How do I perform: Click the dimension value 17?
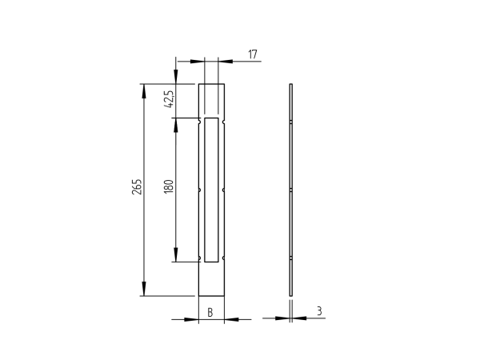pos(253,54)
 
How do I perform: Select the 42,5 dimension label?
pos(168,99)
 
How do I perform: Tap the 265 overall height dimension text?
pos(137,187)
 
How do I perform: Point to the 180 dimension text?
pos(168,187)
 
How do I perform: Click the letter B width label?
pos(210,312)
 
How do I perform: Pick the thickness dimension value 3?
pos(319,311)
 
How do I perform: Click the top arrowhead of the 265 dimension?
pos(144,90)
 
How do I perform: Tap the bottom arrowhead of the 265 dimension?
pos(144,290)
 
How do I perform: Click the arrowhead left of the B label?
pos(192,319)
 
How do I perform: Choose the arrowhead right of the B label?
pos(230,319)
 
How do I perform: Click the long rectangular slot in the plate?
pos(211,190)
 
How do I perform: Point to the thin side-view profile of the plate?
pos(291,190)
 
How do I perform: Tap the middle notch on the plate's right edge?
pos(224,190)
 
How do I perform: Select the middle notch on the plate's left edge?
pos(199,190)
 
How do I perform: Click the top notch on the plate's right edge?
pos(224,122)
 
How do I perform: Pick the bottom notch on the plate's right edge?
pos(224,259)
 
